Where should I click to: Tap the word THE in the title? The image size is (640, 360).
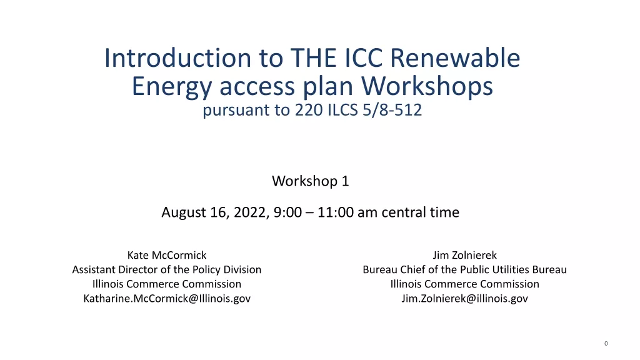(314, 57)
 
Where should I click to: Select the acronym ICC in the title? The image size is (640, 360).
(363, 57)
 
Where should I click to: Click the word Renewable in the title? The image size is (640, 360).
(455, 57)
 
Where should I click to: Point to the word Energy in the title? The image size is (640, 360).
(172, 87)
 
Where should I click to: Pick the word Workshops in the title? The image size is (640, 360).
(427, 86)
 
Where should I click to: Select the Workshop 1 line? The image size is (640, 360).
(311, 181)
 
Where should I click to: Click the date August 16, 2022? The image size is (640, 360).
(215, 212)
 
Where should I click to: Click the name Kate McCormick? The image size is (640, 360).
(167, 255)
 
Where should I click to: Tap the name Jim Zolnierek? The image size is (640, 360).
(465, 255)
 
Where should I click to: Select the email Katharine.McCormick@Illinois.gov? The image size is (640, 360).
(167, 298)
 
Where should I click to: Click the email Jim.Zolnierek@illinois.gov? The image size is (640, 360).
(465, 298)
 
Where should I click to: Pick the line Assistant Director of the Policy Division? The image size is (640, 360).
(167, 269)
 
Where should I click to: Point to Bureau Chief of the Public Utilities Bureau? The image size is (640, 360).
(465, 269)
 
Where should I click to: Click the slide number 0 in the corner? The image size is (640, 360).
(606, 344)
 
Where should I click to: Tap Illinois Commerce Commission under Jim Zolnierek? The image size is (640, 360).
(465, 284)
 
